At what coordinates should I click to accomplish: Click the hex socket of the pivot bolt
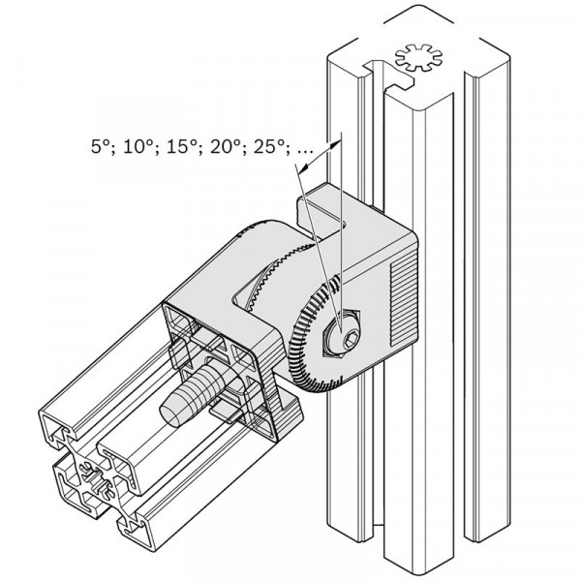click(x=351, y=338)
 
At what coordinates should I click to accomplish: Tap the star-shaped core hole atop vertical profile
click(x=418, y=58)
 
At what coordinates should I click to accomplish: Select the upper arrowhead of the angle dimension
click(x=335, y=143)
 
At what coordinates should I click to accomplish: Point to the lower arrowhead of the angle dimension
click(x=304, y=168)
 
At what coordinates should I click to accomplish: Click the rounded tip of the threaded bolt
click(x=169, y=414)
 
